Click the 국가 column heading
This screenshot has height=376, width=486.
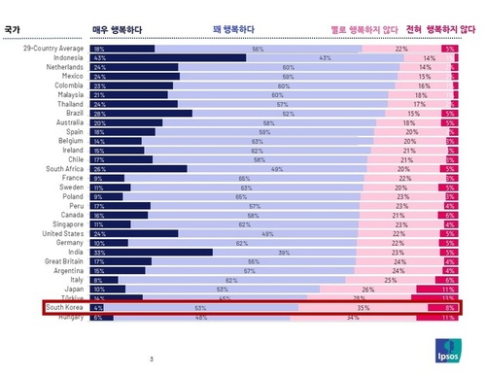[x=13, y=29]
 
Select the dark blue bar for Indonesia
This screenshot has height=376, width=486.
[x=168, y=58]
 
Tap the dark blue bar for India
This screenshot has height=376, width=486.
[x=151, y=252]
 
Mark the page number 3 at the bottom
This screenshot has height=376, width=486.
[x=152, y=359]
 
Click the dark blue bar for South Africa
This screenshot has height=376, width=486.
[x=138, y=169]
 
